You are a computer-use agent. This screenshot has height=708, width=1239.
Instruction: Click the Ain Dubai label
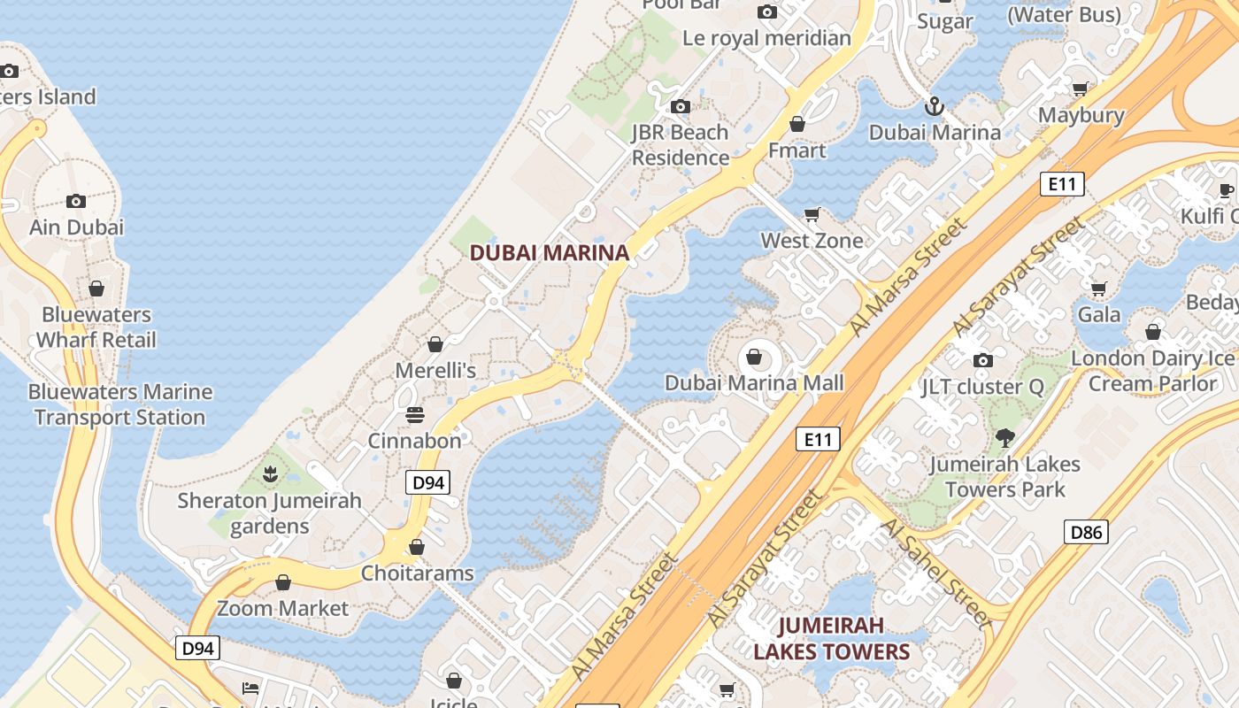[76, 227]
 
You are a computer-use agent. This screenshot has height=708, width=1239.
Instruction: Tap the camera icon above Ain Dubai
[76, 201]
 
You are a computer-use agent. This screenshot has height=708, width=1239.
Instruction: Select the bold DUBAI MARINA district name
[549, 252]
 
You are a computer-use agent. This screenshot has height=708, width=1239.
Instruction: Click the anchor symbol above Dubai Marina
[934, 107]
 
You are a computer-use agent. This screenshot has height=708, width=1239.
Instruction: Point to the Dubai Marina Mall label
[754, 383]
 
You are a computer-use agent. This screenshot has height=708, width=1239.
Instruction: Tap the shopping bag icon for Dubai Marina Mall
[754, 357]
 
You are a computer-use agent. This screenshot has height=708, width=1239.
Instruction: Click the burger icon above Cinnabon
[415, 414]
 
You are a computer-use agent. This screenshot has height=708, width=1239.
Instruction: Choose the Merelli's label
[435, 370]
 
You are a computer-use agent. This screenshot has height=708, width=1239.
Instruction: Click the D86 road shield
[1086, 532]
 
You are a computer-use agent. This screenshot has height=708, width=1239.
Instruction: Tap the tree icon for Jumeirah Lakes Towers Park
[1004, 437]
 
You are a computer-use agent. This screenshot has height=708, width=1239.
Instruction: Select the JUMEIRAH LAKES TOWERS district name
[831, 639]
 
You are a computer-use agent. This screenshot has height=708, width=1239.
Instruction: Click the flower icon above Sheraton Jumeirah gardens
[270, 474]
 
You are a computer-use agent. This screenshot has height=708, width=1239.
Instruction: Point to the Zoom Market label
[283, 608]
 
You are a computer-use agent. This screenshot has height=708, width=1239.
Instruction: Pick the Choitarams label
[417, 573]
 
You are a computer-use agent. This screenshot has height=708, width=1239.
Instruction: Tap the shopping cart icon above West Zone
[812, 214]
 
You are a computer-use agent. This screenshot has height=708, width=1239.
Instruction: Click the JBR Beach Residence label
[680, 145]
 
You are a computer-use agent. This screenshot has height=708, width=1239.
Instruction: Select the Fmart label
[796, 150]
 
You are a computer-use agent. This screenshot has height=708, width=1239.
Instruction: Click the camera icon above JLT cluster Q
[982, 360]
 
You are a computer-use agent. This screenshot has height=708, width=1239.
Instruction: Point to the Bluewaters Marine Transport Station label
[120, 404]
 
